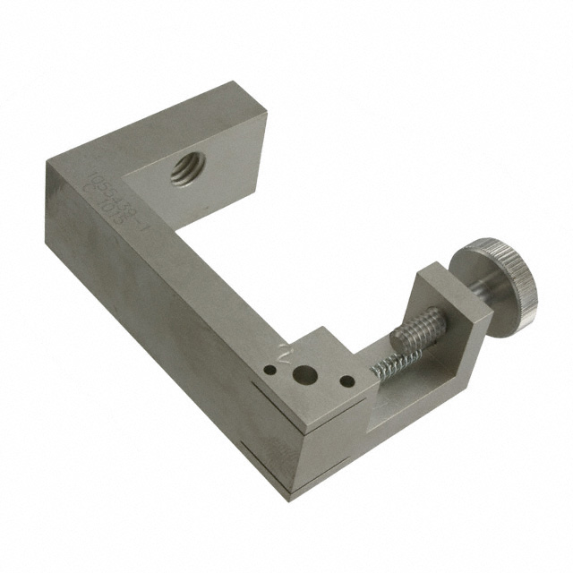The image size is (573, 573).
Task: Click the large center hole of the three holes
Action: [x=307, y=375]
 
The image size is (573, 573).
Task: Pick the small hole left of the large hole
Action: [x=269, y=367]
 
